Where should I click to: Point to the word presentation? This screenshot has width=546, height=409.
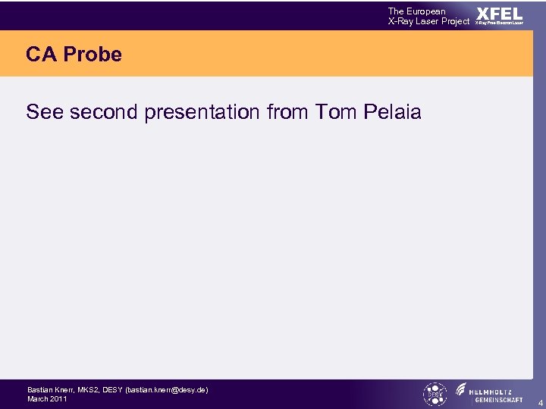pos(202,113)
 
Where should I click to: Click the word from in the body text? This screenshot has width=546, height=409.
pos(288,113)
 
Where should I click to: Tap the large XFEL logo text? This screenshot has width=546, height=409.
pos(499,13)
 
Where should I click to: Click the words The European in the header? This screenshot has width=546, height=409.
pos(416,11)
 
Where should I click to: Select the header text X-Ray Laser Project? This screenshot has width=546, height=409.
pos(428,21)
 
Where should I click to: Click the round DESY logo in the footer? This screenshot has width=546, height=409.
pos(435,394)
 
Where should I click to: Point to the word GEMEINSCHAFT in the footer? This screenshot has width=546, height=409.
pos(498,399)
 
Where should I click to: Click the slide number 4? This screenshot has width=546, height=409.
pos(540,402)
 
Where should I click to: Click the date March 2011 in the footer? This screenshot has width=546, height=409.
pos(47,398)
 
